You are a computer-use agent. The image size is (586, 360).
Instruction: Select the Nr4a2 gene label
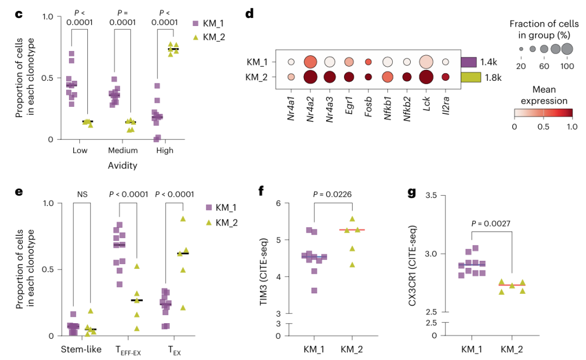(x=311, y=103)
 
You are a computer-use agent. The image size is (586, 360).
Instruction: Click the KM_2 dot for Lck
(x=426, y=76)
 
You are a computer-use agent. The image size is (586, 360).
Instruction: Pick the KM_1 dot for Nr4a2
(x=311, y=62)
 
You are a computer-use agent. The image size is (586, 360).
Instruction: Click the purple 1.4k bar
(x=468, y=62)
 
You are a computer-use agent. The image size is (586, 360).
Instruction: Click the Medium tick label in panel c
(x=122, y=150)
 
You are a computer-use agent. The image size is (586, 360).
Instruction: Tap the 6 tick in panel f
(x=278, y=203)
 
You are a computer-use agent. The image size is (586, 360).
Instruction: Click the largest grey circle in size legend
(x=567, y=49)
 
